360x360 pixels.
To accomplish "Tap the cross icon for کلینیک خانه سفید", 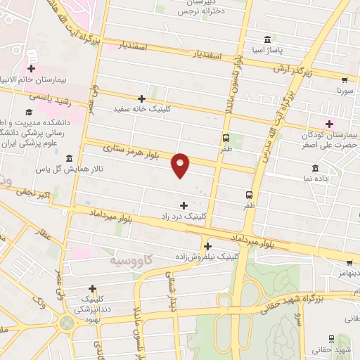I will [142, 98].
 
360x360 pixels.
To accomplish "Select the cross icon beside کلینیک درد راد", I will [184, 205].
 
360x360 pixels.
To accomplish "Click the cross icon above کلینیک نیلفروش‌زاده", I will [207, 246].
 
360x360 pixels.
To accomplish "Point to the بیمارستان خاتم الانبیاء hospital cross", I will [32, 68].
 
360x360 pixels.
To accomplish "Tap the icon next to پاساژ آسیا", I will [266, 39].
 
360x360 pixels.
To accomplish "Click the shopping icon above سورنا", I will [344, 80].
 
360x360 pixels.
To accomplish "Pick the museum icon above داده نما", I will [314, 168].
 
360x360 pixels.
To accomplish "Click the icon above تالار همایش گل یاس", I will [69, 158].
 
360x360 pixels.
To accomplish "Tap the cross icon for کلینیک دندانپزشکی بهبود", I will [92, 288].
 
